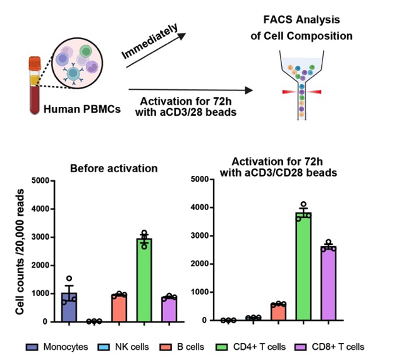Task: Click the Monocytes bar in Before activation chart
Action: pos(69,307)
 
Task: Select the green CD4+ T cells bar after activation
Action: pos(303,266)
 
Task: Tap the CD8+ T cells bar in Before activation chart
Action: pos(169,309)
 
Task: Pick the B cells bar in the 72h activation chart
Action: pos(279,312)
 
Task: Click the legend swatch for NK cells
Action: pos(104,347)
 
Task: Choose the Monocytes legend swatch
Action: pos(32,347)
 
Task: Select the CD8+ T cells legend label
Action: pos(338,347)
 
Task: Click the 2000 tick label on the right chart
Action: pos(200,264)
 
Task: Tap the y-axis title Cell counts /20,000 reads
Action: pos(20,252)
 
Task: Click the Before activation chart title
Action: pos(114,168)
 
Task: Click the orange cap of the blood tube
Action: pos(35,63)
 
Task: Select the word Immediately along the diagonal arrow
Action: pos(149,41)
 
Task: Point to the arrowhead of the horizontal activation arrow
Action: pos(249,90)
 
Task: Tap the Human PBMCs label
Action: pos(82,109)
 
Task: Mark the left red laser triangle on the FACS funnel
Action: pos(290,92)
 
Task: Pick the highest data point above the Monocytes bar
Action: pos(69,278)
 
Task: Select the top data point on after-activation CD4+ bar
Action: pos(303,204)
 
